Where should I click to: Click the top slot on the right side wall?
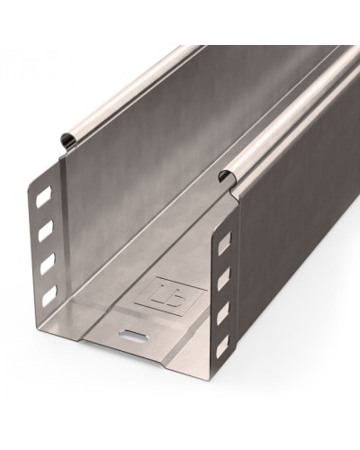point(222,243)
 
